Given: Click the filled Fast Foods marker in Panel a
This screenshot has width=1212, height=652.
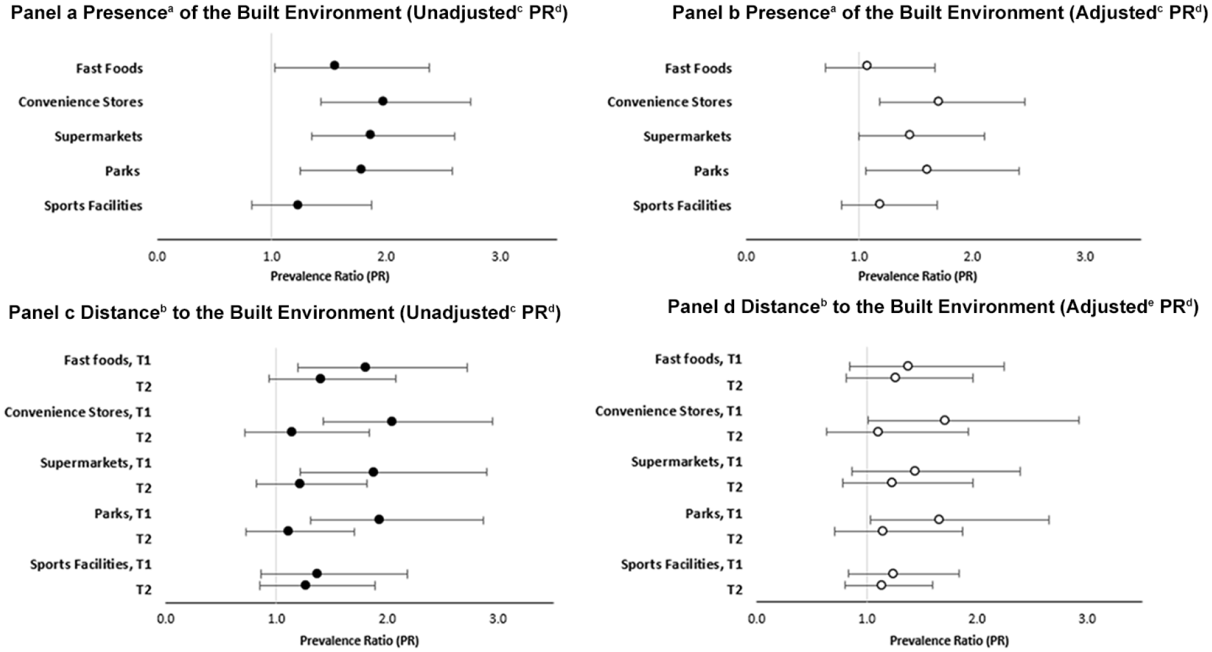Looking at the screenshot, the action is click(x=334, y=65).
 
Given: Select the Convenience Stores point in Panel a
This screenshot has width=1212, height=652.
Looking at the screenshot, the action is click(x=383, y=101).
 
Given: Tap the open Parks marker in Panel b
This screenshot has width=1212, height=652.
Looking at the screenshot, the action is click(x=926, y=170).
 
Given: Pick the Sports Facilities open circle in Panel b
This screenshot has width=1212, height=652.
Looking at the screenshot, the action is click(x=879, y=204).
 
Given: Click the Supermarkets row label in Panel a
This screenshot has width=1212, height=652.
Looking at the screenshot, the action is click(x=98, y=137).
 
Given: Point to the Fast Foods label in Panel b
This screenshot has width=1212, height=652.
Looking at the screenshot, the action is click(x=698, y=68).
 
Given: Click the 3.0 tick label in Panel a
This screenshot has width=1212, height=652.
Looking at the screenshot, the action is click(x=500, y=257).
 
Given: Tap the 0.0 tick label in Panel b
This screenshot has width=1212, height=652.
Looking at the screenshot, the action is click(x=746, y=257).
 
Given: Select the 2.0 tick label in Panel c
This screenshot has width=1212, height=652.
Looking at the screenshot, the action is click(x=387, y=619).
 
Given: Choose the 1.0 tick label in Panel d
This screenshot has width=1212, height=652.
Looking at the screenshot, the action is click(x=866, y=619).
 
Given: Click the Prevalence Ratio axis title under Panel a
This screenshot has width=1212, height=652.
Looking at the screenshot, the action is click(x=330, y=277).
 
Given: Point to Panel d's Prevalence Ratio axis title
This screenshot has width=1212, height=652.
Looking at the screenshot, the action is click(x=949, y=641).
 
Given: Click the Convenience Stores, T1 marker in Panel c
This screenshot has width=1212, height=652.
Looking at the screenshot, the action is click(x=392, y=421).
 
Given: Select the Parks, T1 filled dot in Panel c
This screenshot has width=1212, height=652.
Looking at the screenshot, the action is click(x=379, y=519).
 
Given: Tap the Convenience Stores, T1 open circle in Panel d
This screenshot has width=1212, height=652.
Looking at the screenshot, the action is click(x=945, y=420).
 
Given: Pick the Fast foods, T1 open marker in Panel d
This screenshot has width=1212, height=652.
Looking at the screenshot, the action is click(x=908, y=366).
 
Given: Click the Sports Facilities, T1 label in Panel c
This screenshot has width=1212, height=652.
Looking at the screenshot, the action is click(x=91, y=565).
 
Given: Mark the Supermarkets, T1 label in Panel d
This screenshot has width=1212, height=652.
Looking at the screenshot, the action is click(x=687, y=462).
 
